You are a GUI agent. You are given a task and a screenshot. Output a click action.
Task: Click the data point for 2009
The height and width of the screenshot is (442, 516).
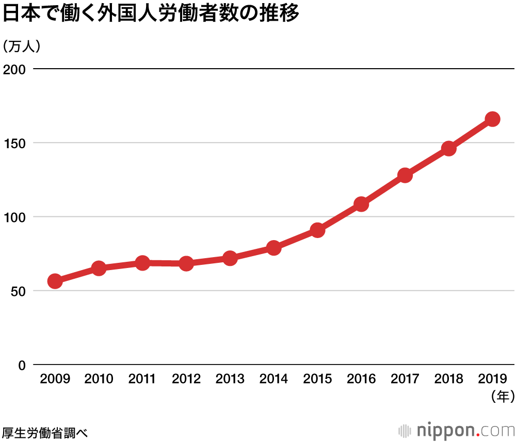click(x=55, y=281)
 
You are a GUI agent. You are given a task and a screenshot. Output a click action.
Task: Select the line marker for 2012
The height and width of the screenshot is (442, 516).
click(x=186, y=263)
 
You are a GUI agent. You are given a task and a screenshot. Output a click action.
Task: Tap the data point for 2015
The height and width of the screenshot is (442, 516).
click(x=318, y=230)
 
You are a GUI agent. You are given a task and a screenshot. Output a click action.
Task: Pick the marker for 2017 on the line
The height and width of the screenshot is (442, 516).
click(x=405, y=176)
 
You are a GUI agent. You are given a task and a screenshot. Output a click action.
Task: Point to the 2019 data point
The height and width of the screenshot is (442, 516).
click(x=493, y=119)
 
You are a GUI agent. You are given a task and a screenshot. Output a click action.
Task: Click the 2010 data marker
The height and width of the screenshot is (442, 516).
click(x=99, y=268)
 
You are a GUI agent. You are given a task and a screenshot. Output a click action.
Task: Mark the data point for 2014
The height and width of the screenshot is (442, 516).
click(x=274, y=248)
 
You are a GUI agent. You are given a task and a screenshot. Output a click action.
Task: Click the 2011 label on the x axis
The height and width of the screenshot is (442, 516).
click(x=142, y=379)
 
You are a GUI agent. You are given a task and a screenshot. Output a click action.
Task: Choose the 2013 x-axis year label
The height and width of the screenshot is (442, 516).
click(x=230, y=379)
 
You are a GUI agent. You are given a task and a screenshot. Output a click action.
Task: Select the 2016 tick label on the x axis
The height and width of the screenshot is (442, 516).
click(x=361, y=379)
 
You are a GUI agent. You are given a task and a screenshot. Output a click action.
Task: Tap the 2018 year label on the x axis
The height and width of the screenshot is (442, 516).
click(x=449, y=379)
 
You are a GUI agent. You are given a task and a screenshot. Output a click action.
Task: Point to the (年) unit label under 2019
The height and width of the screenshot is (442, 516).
click(x=500, y=397)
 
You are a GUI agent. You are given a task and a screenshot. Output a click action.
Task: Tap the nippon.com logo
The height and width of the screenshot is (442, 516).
click(x=457, y=430)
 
